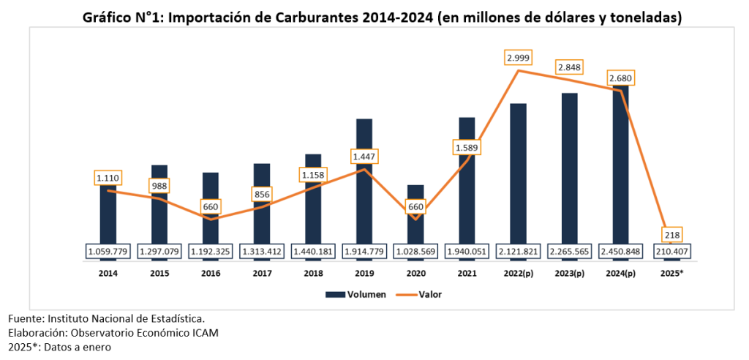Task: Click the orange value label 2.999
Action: click(518, 57)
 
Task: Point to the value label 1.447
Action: click(364, 157)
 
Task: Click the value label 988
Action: click(159, 186)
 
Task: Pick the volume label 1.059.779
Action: click(108, 252)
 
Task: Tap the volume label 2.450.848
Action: click(621, 252)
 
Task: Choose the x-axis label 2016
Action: click(210, 273)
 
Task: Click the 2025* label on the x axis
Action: click(672, 273)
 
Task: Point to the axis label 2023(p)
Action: click(570, 273)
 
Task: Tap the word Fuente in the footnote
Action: click(26, 320)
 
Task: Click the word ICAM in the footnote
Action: click(204, 333)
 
